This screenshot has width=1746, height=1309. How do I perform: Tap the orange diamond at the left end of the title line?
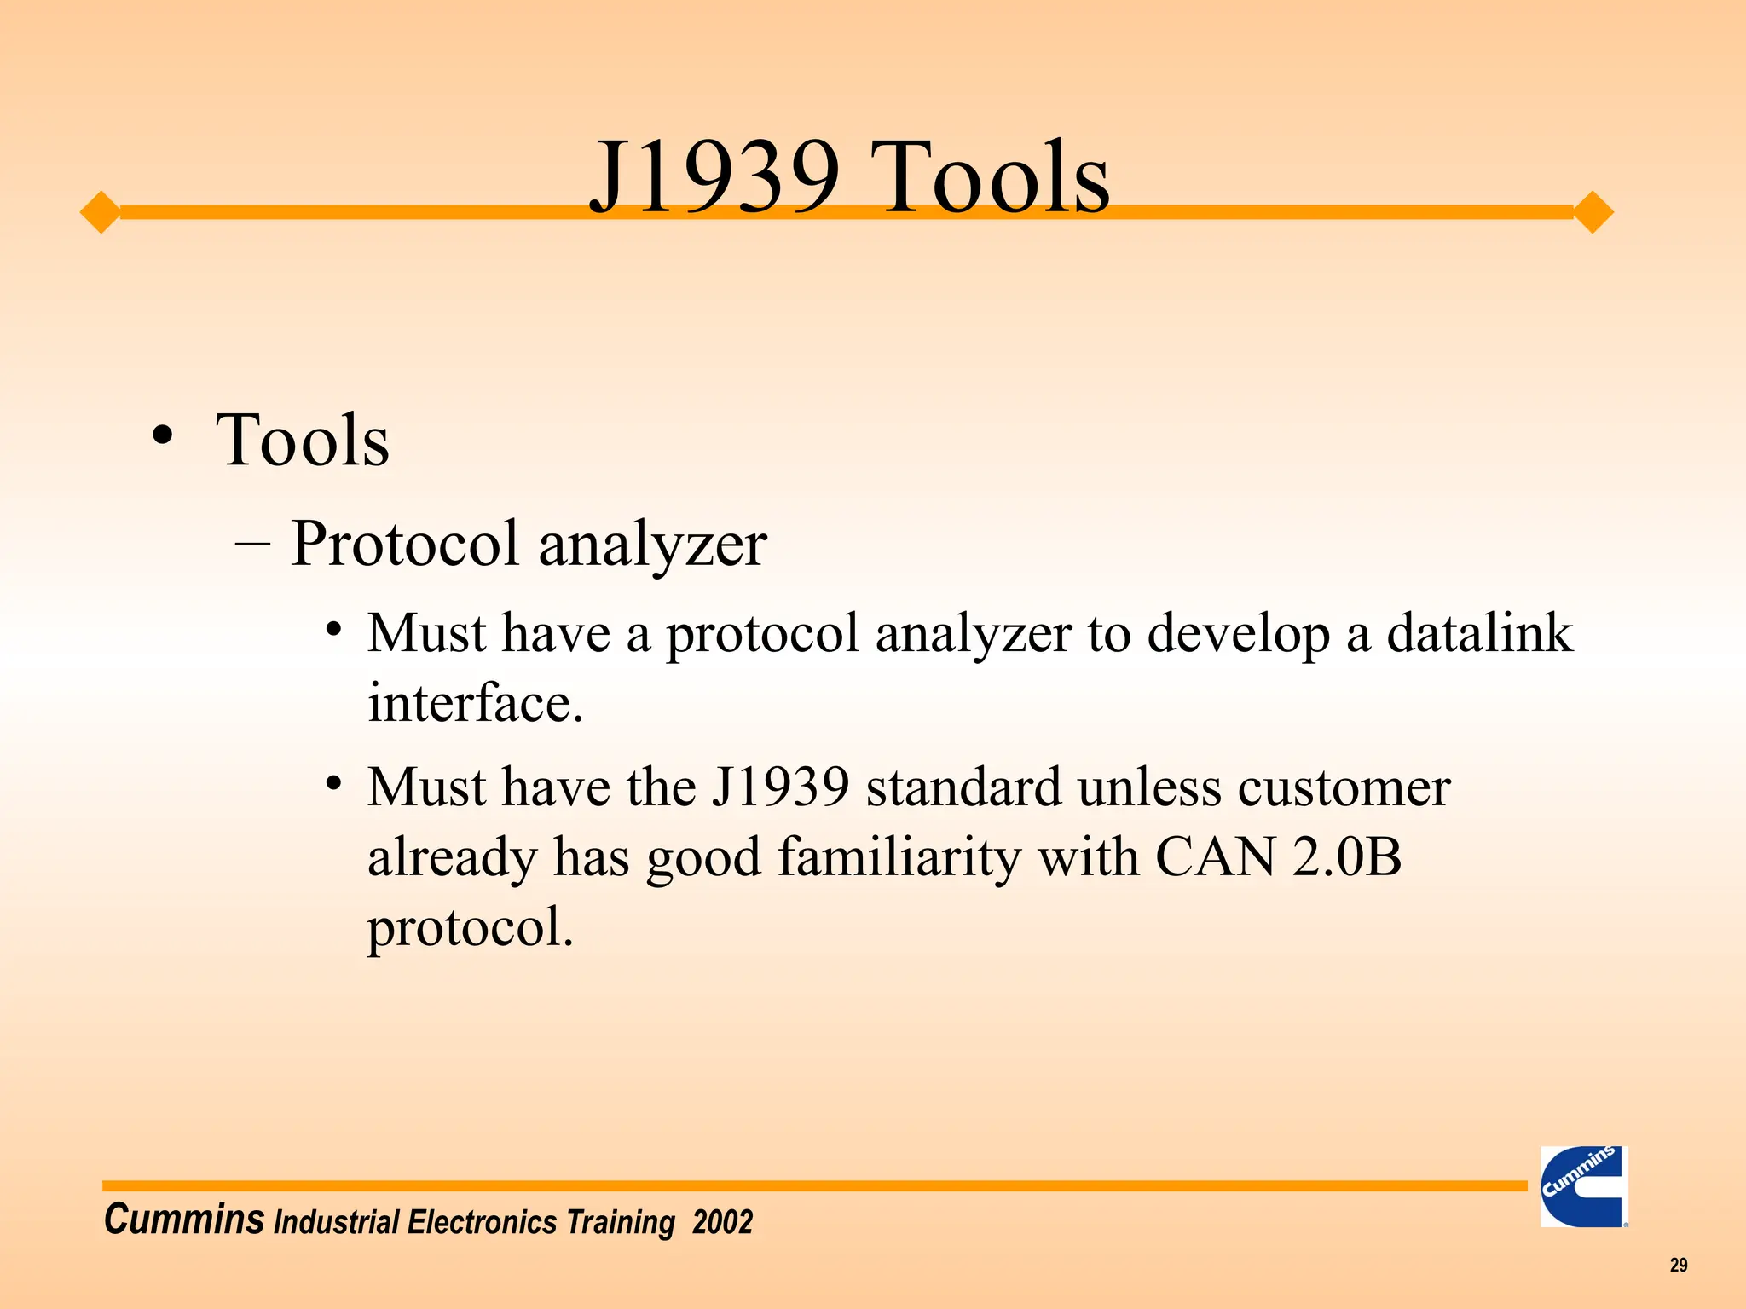(x=101, y=211)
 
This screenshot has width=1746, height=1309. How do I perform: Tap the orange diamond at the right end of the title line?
(x=1592, y=211)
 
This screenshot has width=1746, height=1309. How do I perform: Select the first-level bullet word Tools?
(x=303, y=441)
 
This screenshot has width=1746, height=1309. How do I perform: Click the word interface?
(x=475, y=704)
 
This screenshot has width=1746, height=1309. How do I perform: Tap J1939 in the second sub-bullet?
(x=780, y=787)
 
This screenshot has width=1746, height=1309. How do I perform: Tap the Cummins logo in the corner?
(x=1584, y=1185)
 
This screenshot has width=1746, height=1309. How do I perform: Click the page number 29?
(x=1678, y=1265)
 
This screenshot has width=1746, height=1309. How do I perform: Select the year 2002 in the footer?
(x=722, y=1222)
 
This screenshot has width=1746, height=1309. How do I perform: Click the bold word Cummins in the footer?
(x=183, y=1220)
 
